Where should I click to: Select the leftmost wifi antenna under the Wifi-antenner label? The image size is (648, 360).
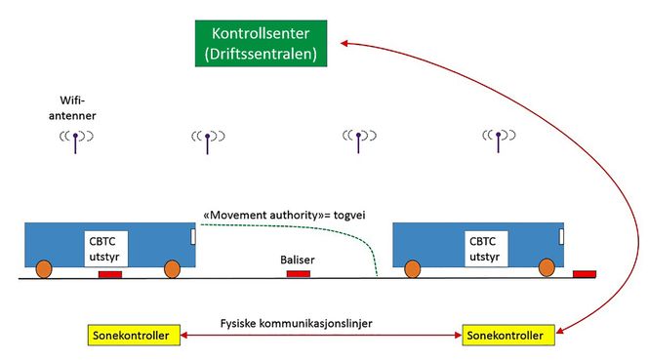[76, 140]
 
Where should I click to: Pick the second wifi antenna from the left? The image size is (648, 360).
[208, 140]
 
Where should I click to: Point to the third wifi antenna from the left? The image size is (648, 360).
[358, 140]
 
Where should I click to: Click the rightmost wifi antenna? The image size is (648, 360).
[500, 140]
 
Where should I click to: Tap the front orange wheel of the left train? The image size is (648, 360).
[172, 269]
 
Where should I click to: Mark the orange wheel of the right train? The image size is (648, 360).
[412, 269]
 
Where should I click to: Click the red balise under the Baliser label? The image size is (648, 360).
[298, 274]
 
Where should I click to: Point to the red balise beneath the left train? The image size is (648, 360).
[109, 275]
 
